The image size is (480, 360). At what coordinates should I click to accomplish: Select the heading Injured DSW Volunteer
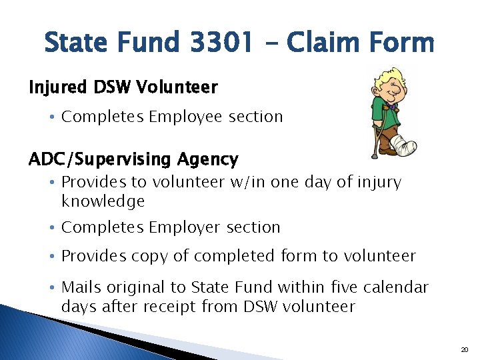tap(123, 87)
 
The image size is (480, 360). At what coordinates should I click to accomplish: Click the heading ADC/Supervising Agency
tap(133, 159)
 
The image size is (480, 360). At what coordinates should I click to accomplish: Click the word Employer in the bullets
tap(186, 227)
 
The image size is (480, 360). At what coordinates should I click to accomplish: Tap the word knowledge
tap(103, 201)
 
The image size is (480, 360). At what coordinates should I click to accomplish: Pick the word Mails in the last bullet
tap(81, 287)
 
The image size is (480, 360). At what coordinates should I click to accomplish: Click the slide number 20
tap(465, 349)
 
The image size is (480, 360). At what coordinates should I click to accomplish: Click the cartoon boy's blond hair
tap(391, 77)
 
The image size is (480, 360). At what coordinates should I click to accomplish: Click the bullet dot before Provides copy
tap(53, 257)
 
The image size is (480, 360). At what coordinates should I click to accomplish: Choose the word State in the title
tap(75, 43)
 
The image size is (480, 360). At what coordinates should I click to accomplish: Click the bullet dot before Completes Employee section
tap(53, 117)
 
